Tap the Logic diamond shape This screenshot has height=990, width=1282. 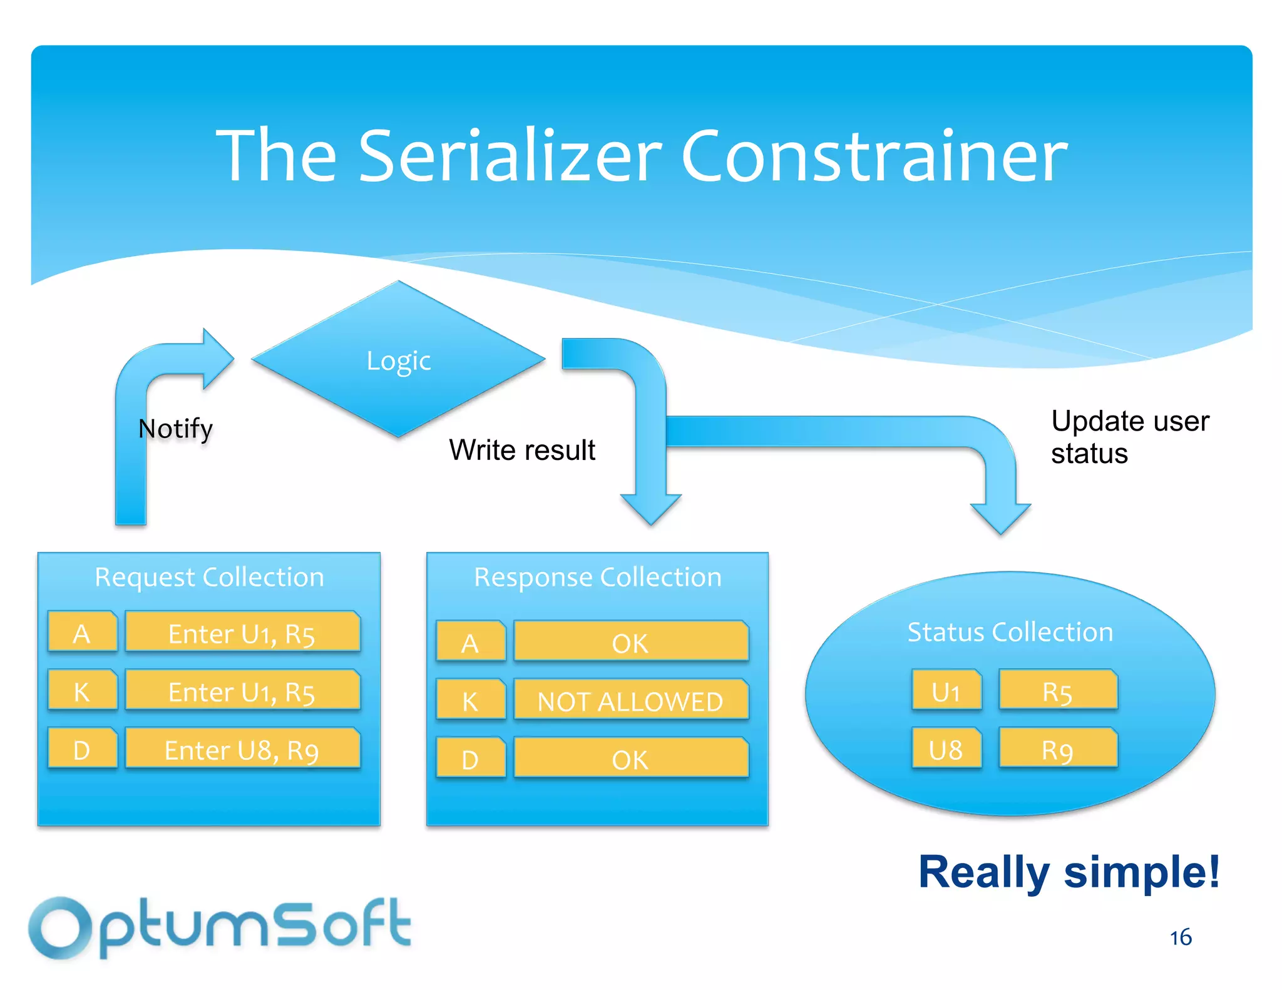point(399,360)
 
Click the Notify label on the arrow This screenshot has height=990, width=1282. point(175,429)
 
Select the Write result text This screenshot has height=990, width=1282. point(522,450)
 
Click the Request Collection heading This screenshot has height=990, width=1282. point(209,577)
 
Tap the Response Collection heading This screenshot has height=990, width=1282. point(597,577)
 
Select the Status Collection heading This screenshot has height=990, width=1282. point(1010,632)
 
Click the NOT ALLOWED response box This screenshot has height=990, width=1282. point(630,701)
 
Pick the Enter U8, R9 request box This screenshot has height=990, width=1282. point(242,749)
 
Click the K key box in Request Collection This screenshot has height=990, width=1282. point(82,691)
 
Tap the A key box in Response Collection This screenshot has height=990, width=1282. point(470,643)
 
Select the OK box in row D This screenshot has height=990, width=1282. point(630,759)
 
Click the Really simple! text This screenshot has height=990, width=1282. point(1069,872)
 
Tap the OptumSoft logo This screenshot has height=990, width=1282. point(219,926)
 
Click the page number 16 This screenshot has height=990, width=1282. point(1181,937)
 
